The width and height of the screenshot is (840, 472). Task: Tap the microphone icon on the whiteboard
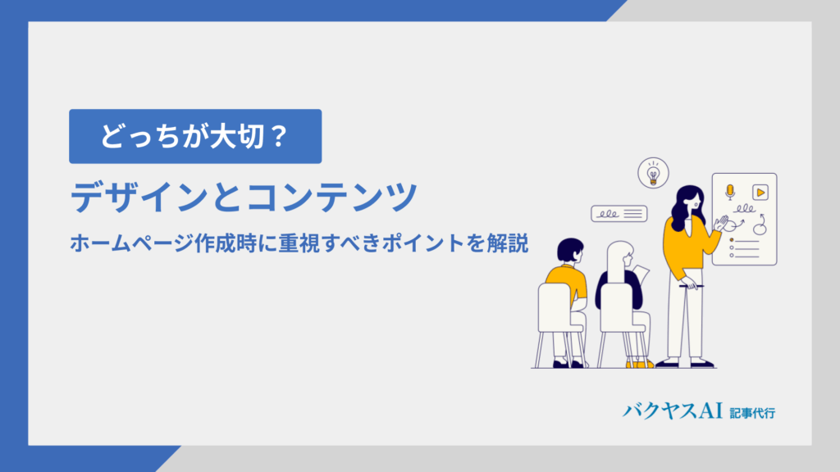click(x=729, y=192)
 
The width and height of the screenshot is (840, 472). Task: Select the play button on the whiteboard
click(x=760, y=192)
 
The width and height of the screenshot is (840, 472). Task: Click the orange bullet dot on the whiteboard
click(x=732, y=240)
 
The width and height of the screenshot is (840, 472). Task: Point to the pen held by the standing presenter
click(x=692, y=286)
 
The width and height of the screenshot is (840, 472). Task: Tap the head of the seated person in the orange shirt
click(x=570, y=251)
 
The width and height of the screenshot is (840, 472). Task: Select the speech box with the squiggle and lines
click(x=619, y=214)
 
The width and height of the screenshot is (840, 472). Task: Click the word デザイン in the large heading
click(x=138, y=197)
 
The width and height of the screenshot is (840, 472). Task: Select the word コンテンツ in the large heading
click(x=331, y=197)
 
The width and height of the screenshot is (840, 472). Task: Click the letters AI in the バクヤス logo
click(x=710, y=411)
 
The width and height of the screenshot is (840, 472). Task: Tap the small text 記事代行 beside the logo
click(x=752, y=413)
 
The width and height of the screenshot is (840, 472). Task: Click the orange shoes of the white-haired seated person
click(x=640, y=365)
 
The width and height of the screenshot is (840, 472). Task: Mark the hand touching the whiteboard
click(x=721, y=223)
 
